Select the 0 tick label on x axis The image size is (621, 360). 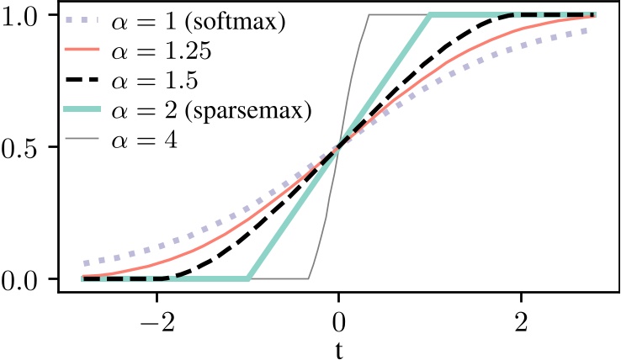338,321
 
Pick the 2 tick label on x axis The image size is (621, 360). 521,321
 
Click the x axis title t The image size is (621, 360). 338,349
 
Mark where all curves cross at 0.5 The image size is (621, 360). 338,147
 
